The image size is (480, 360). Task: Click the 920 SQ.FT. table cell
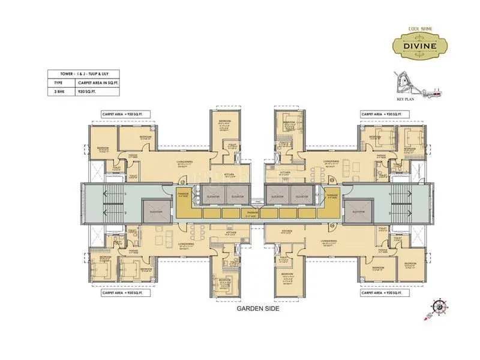click(x=88, y=93)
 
